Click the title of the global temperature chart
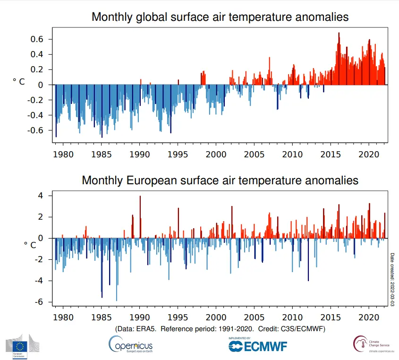click(x=220, y=17)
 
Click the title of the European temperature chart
click(x=220, y=180)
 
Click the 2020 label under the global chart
click(x=368, y=154)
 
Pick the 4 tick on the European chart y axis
click(x=41, y=196)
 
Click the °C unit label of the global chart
click(x=19, y=82)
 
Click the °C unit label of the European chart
click(x=30, y=245)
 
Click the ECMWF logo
click(x=257, y=346)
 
